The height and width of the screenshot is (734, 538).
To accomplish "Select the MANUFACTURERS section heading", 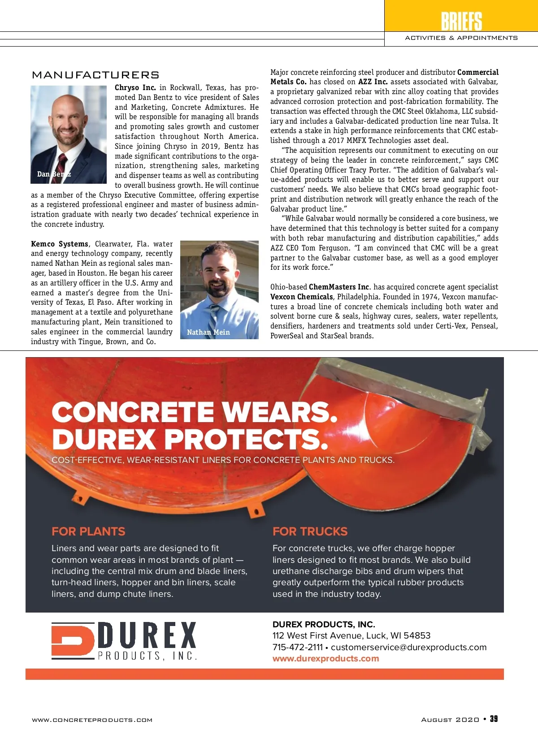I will click(x=95, y=75).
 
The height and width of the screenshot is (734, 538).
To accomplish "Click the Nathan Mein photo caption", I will click(x=208, y=332).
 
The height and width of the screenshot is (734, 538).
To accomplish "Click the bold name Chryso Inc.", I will click(x=135, y=88).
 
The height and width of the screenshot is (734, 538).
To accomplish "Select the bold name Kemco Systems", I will click(x=60, y=244).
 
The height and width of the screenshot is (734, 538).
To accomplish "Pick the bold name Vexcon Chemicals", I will click(x=301, y=297).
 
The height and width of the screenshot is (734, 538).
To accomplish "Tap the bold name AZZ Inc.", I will click(x=373, y=82).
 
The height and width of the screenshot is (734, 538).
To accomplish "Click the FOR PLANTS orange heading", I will click(x=88, y=531).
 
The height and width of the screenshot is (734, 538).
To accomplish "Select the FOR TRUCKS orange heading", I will click(x=310, y=531).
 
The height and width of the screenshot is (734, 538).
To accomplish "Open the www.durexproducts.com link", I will click(x=325, y=659).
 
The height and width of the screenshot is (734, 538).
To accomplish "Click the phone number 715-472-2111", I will click(x=297, y=648).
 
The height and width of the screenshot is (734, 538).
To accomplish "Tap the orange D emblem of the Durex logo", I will click(x=72, y=641).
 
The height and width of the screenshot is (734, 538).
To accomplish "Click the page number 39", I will click(x=494, y=719).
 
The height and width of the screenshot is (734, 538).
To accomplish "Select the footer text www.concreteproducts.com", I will click(x=92, y=720).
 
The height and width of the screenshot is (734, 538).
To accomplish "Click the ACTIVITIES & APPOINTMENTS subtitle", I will click(x=461, y=38).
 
